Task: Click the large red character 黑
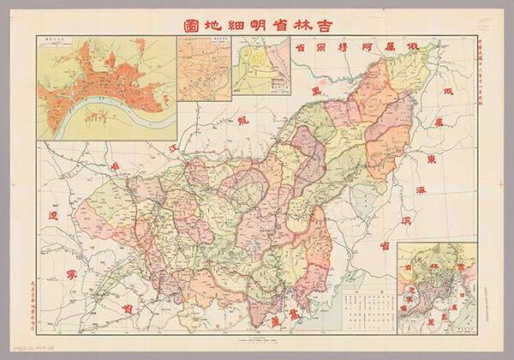click(x=316, y=90)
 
